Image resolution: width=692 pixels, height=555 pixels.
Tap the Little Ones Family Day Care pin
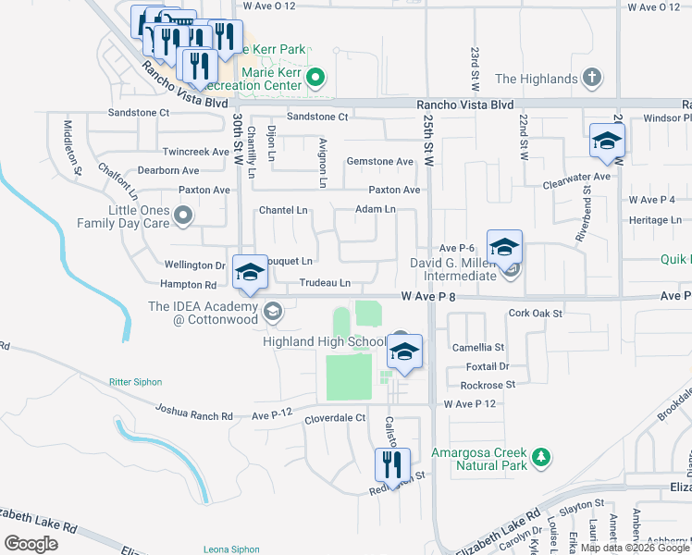point(183,216)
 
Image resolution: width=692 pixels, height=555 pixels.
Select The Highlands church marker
point(593,79)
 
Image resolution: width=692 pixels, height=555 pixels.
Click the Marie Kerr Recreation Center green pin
point(315,79)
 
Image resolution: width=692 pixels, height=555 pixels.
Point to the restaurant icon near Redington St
point(392,465)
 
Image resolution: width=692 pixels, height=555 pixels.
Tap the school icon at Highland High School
point(404,351)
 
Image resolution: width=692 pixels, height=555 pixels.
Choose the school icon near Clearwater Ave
point(607,141)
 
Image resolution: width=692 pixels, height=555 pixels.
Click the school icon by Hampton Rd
point(250,272)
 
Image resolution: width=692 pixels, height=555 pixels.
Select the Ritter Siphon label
point(135,382)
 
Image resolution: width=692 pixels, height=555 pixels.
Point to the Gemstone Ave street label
point(379,162)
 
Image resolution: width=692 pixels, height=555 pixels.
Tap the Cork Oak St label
point(536,314)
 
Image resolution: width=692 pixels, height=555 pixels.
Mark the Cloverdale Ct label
point(335,418)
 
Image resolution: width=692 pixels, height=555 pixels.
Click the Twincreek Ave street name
point(195,152)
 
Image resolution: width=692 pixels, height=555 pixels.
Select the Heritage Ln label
point(654,220)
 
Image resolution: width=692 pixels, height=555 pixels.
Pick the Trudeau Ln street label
point(325,282)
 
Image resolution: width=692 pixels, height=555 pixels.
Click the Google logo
point(31,544)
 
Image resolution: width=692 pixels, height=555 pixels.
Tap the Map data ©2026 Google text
point(634,549)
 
